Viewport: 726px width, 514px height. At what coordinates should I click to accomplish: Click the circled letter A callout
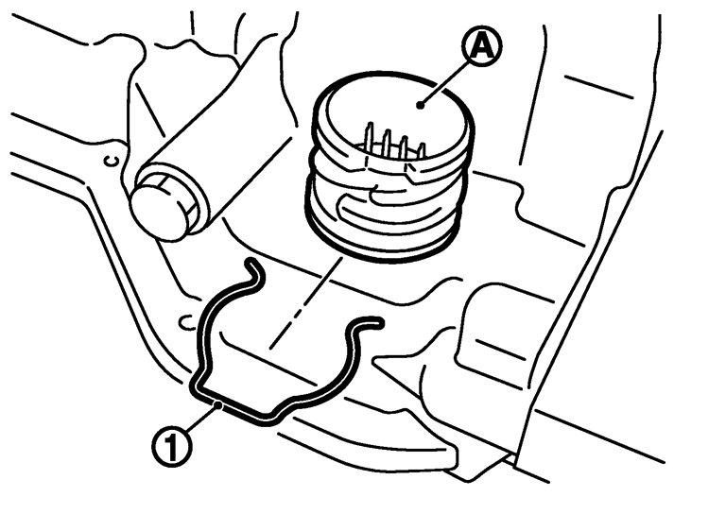click(482, 45)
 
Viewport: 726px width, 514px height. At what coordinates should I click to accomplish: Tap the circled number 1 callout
click(171, 447)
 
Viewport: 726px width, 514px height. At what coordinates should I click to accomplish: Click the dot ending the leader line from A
click(420, 106)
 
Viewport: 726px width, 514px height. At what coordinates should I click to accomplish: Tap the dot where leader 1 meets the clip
click(217, 406)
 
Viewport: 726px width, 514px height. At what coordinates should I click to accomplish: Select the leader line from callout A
click(444, 82)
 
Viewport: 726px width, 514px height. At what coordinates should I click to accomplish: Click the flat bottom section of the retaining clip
click(232, 406)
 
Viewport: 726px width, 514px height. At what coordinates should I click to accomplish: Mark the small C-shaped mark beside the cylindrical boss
click(112, 161)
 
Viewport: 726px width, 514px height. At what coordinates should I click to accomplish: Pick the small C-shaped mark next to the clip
click(187, 322)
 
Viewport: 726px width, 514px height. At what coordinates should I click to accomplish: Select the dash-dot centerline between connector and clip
click(305, 303)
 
